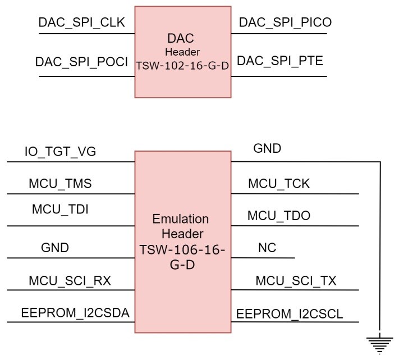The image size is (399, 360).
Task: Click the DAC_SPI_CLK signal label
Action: pos(81,23)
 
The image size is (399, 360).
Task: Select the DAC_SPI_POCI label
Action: pos(82,61)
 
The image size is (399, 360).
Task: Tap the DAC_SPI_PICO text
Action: pos(285,23)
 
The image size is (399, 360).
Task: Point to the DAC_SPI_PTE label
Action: pos(280,61)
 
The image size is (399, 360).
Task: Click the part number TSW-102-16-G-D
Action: pos(182,65)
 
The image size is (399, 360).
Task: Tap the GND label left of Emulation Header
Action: pos(55,248)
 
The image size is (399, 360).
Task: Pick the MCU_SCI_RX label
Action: pos(66,281)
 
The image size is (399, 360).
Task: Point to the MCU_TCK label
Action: pos(279,184)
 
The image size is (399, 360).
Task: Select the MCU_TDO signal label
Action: pos(279,216)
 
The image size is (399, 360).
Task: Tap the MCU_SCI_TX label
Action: pos(296,281)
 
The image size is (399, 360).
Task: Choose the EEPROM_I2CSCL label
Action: pos(290,313)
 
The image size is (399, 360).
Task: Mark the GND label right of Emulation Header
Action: pos(267,149)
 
